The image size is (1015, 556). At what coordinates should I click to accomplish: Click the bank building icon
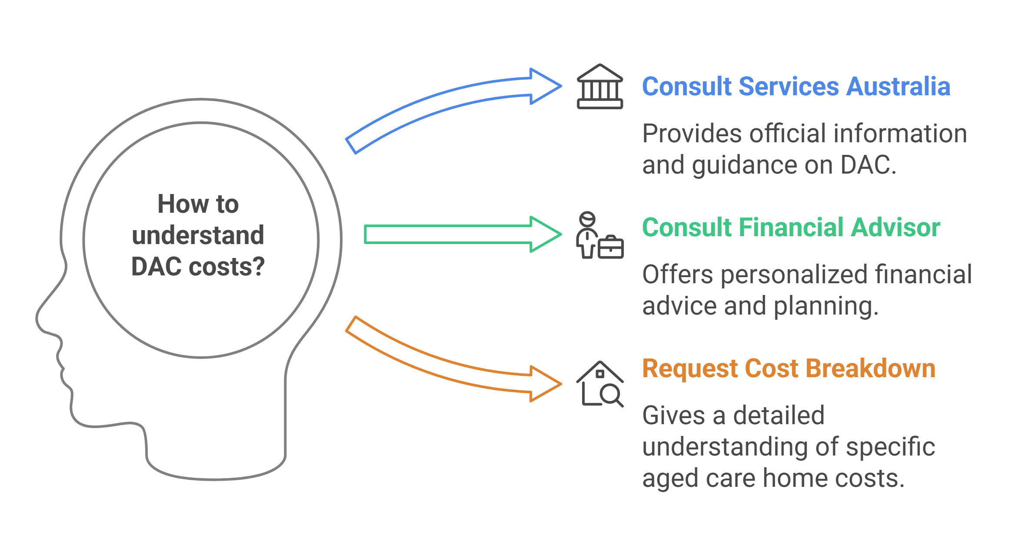coord(600,87)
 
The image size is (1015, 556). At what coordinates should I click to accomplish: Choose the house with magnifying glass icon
coord(600,384)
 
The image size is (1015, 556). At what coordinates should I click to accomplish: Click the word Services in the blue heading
coord(789,87)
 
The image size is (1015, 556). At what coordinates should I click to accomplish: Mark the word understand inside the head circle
coord(198,235)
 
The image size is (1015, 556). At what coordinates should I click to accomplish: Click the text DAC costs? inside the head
coord(198,267)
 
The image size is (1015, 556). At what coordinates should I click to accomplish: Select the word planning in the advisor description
coord(826,306)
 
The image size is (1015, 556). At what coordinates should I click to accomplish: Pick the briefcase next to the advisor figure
coord(611,248)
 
